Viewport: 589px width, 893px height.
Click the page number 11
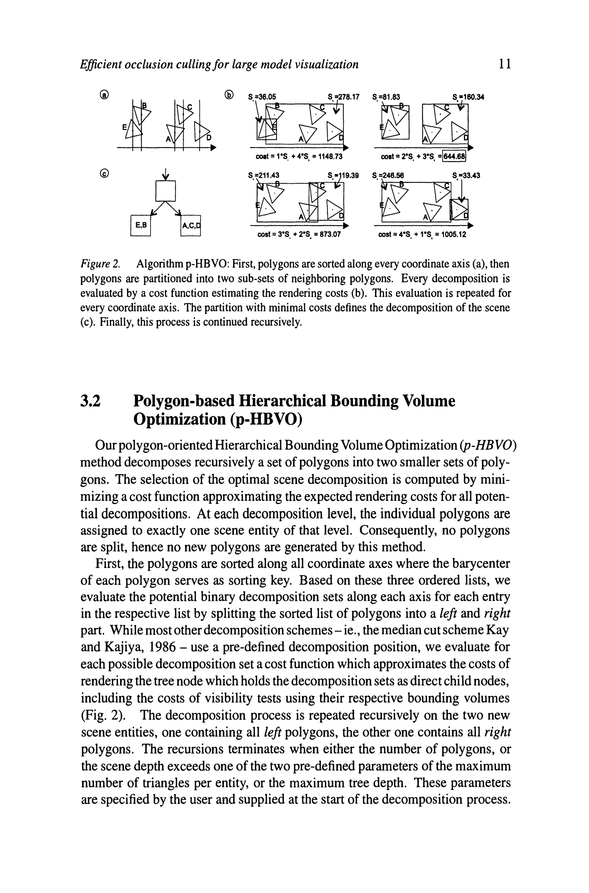pos(504,64)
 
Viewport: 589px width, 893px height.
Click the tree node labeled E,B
pos(140,225)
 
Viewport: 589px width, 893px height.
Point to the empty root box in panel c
pos(165,191)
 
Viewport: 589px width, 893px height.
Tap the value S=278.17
pos(343,97)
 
